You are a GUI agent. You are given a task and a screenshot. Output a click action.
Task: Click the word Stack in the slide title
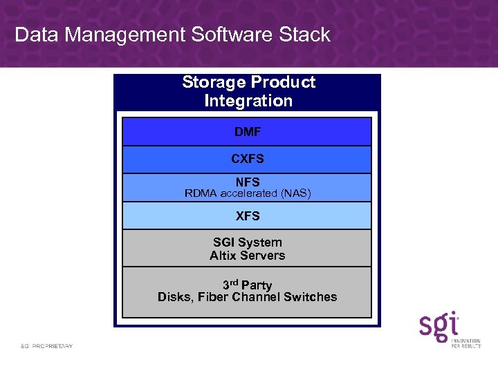pyautogui.click(x=302, y=35)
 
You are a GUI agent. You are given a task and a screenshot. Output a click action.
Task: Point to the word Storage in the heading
pyautogui.click(x=214, y=82)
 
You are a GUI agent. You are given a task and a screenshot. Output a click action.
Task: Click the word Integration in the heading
pyautogui.click(x=248, y=101)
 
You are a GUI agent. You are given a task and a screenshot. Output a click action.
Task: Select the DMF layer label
pyautogui.click(x=248, y=131)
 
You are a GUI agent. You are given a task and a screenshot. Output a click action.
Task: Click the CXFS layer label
pyautogui.click(x=248, y=159)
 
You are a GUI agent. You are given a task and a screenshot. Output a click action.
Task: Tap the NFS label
pyautogui.click(x=248, y=182)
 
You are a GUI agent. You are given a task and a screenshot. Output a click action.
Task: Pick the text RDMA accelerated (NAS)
pyautogui.click(x=248, y=193)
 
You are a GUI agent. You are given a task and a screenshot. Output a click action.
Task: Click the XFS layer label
pyautogui.click(x=248, y=216)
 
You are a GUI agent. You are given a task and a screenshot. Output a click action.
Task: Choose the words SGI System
pyautogui.click(x=248, y=242)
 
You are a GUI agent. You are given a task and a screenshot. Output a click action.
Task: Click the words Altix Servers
pyautogui.click(x=248, y=256)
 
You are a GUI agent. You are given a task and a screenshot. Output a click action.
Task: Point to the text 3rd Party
pyautogui.click(x=248, y=285)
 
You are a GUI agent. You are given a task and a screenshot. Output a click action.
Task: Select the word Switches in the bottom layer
pyautogui.click(x=312, y=298)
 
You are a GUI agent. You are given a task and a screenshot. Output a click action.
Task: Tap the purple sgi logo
pyautogui.click(x=439, y=326)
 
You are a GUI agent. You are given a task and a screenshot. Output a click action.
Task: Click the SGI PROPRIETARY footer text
pyautogui.click(x=46, y=345)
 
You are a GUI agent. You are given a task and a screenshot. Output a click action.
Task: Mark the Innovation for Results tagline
pyautogui.click(x=466, y=342)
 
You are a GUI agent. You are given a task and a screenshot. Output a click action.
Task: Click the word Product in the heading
pyautogui.click(x=283, y=82)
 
